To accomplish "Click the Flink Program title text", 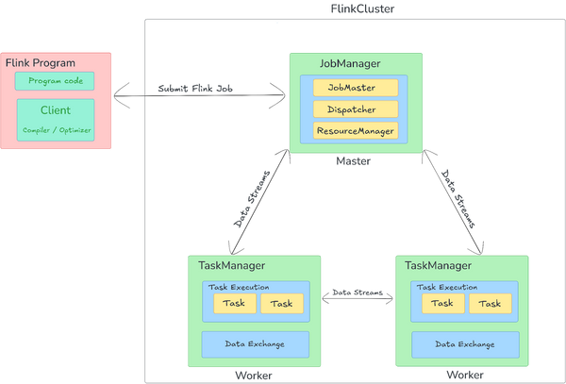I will [x=42, y=63].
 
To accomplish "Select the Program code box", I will [x=55, y=81].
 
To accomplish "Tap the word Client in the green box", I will [x=56, y=110].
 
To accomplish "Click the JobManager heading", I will [x=350, y=63].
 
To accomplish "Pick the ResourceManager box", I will [x=355, y=130].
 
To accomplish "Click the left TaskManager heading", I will [x=232, y=266].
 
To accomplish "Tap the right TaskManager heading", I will [x=438, y=266].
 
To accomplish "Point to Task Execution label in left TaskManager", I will [x=239, y=287].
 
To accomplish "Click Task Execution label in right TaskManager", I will [x=447, y=287].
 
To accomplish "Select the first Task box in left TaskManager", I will [x=234, y=304].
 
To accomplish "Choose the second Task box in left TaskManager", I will [x=282, y=304].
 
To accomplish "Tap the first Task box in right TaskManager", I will [x=441, y=304].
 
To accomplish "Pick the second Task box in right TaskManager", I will [x=490, y=304].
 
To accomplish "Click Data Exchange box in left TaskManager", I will [x=255, y=343].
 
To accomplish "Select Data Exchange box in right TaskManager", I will [x=464, y=343].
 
